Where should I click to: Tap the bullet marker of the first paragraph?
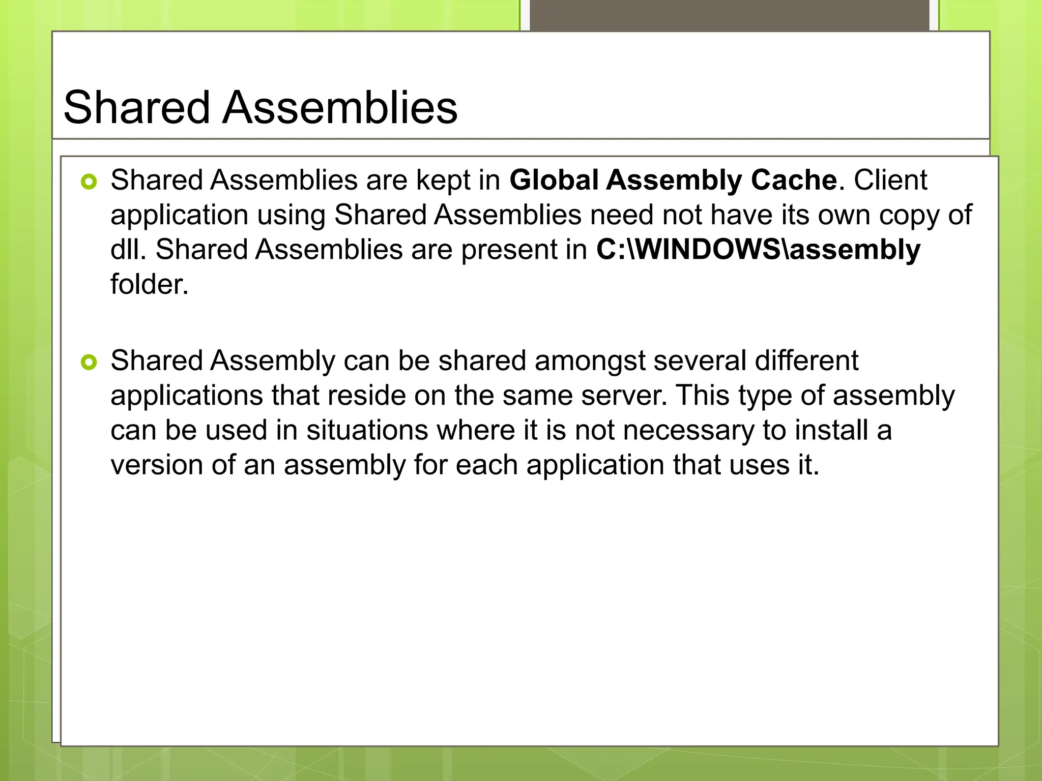click(x=89, y=182)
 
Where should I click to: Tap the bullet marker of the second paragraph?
click(x=89, y=363)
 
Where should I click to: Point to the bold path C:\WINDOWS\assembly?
click(x=758, y=250)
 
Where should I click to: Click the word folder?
click(x=149, y=284)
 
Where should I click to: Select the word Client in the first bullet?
click(x=890, y=180)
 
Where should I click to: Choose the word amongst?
click(x=590, y=361)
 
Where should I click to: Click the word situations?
click(x=367, y=430)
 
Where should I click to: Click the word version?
click(x=157, y=465)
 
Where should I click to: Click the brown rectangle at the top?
click(x=729, y=15)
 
